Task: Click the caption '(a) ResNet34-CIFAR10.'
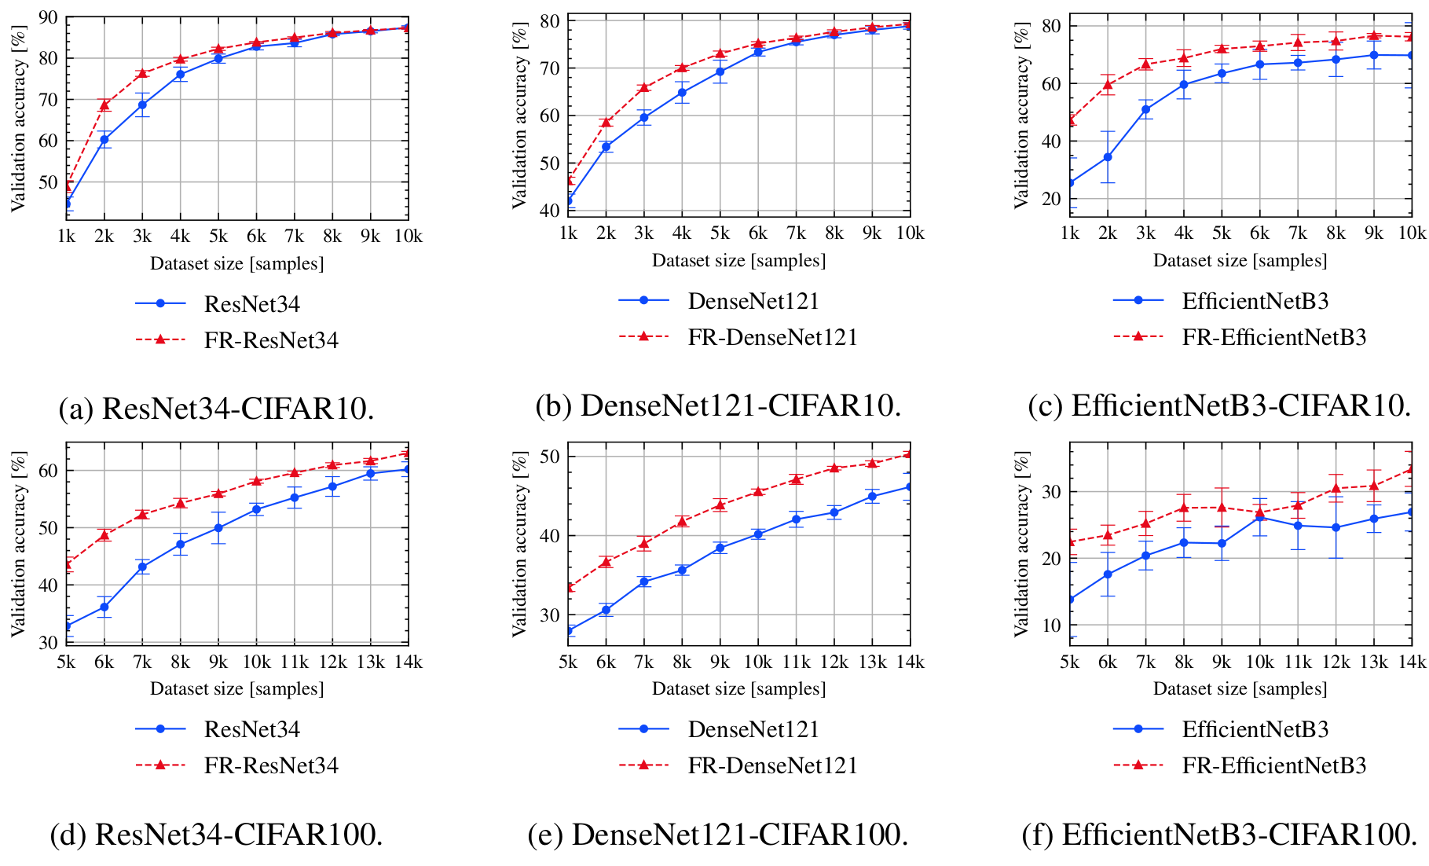tap(216, 409)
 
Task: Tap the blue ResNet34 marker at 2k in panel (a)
tap(104, 139)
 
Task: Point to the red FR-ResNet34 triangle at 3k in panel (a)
tap(142, 73)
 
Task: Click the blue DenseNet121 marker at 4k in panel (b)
tap(682, 93)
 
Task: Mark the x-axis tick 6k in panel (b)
tap(758, 233)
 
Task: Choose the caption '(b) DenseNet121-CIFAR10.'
tap(718, 405)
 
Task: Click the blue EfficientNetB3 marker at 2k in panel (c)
tap(1108, 157)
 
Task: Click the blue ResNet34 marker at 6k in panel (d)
tap(104, 607)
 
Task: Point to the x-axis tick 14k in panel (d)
tap(407, 662)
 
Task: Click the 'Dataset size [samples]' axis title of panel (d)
tap(236, 689)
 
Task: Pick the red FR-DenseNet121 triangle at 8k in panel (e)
tap(682, 521)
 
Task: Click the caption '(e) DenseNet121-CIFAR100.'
tap(718, 834)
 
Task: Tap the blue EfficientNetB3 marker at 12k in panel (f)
tap(1336, 527)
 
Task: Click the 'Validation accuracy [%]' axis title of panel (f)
tap(1021, 543)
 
